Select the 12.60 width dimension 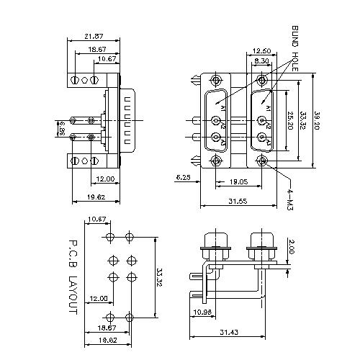coord(261,51)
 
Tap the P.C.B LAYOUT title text coord(72,276)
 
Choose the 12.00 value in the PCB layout coord(98,298)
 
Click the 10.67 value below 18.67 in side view coord(107,58)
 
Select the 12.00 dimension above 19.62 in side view coord(104,179)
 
